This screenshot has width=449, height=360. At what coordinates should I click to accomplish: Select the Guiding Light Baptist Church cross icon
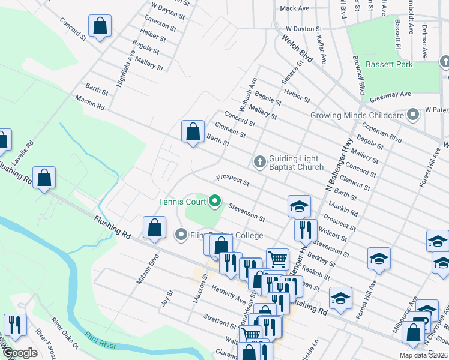[x=259, y=161]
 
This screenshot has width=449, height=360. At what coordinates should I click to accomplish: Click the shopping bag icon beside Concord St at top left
[x=100, y=27]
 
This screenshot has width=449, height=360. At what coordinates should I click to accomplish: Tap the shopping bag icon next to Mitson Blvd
[x=154, y=228]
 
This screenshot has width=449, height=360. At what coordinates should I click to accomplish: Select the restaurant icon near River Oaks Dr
[x=15, y=325]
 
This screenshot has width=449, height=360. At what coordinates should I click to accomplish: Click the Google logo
[x=20, y=353]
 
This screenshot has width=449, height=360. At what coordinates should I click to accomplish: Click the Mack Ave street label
[x=294, y=8]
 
